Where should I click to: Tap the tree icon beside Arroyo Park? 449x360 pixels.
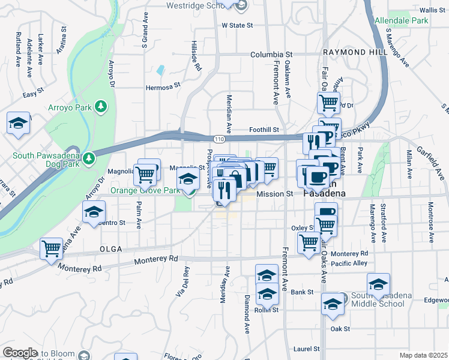101,106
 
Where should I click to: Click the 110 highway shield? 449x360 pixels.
221,139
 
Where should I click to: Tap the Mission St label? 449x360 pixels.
274,194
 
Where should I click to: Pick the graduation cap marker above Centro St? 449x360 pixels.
94,212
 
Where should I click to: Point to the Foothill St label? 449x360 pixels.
264,130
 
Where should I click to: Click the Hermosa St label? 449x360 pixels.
163,87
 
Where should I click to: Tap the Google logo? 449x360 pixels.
20,353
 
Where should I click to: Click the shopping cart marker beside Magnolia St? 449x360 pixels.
146,175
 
